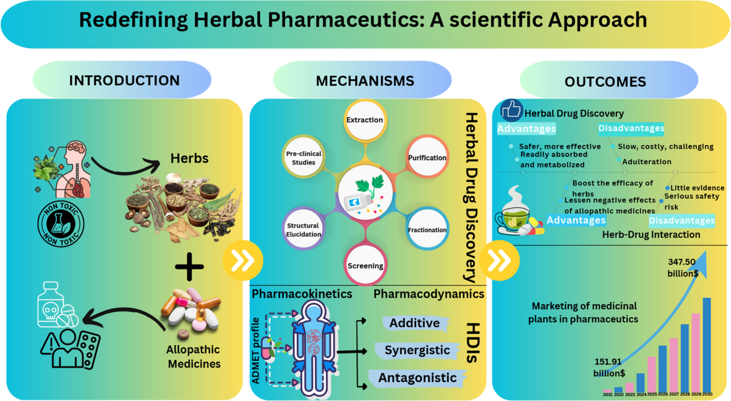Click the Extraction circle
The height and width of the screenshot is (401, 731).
pyautogui.click(x=365, y=120)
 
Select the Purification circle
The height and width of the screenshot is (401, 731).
pyautogui.click(x=427, y=157)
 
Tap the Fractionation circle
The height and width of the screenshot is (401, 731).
pyautogui.click(x=427, y=229)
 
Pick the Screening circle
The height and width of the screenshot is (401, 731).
pyautogui.click(x=365, y=265)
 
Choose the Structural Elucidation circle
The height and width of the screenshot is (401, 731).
pyautogui.click(x=303, y=229)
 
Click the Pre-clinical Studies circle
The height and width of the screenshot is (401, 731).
pyautogui.click(x=303, y=157)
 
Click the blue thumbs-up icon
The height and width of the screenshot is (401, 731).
pyautogui.click(x=511, y=110)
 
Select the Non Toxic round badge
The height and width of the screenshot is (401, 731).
pyautogui.click(x=61, y=224)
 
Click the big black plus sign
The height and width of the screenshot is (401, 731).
pyautogui.click(x=189, y=266)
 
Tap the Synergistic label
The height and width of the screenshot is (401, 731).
pyautogui.click(x=417, y=350)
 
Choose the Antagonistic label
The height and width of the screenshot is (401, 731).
pyautogui.click(x=417, y=378)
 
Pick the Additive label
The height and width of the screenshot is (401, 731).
pyautogui.click(x=415, y=323)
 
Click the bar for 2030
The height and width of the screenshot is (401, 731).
pyautogui.click(x=707, y=344)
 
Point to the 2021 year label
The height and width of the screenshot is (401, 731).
pyautogui.click(x=608, y=394)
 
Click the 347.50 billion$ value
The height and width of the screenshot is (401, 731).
pyautogui.click(x=683, y=268)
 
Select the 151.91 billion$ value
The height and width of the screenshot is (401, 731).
pyautogui.click(x=609, y=367)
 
